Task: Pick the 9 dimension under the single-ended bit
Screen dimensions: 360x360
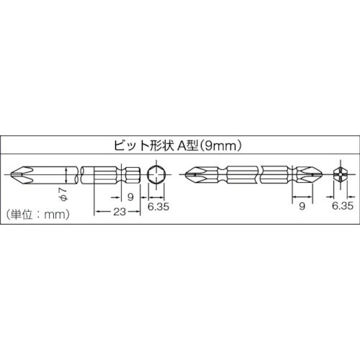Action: (x=130, y=196)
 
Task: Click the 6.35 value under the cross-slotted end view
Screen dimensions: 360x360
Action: (x=342, y=205)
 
